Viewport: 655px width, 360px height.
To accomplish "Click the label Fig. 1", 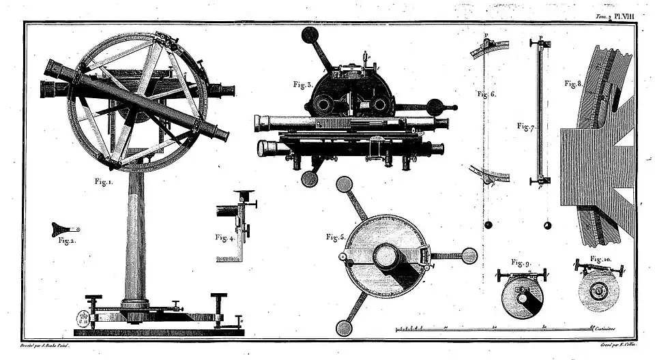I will point(104,182).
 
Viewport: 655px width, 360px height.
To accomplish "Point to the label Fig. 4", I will point(225,237).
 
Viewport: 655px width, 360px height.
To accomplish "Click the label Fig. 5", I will point(336,237).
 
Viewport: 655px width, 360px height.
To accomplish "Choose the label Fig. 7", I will point(525,126).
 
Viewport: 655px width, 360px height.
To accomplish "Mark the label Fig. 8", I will point(574,84).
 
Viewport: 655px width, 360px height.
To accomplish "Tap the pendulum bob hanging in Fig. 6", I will point(488,226).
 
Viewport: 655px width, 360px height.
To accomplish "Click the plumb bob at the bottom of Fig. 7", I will point(546,226).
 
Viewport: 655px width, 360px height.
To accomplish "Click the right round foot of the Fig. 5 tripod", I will point(469,256).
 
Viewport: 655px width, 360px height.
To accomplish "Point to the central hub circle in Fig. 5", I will point(386,256).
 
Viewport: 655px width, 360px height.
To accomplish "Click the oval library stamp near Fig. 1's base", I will point(84,318).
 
